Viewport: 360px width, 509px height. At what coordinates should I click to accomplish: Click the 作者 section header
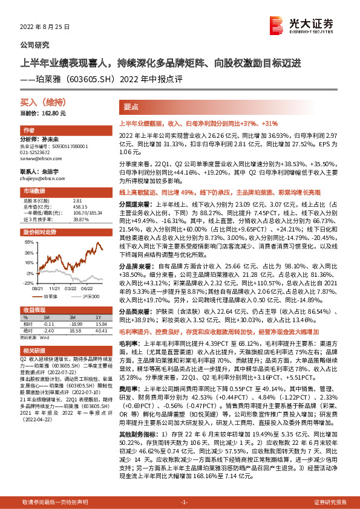(x=28, y=131)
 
